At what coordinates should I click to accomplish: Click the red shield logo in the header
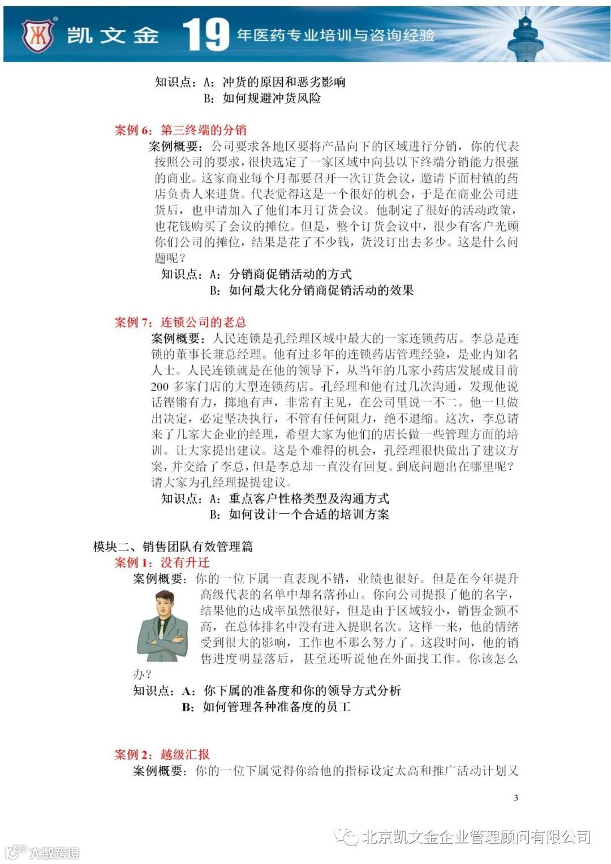[x=38, y=35]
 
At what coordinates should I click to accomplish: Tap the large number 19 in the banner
[x=206, y=35]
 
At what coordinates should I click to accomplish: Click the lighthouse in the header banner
[x=526, y=35]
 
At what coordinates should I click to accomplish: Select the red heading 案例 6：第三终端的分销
[x=180, y=130]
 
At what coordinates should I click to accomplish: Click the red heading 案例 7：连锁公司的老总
[x=180, y=322]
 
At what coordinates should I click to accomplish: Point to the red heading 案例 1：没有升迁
[x=162, y=562]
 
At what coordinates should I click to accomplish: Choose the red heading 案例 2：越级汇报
[x=162, y=754]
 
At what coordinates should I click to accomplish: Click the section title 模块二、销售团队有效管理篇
[x=173, y=547]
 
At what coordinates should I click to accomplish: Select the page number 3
[x=516, y=798]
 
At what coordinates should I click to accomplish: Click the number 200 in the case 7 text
[x=160, y=387]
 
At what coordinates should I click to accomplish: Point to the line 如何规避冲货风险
[x=272, y=98]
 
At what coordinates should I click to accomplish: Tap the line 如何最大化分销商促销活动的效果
[x=321, y=290]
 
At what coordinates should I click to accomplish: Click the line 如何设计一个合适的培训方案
[x=309, y=514]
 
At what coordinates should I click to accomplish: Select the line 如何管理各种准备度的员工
[x=277, y=707]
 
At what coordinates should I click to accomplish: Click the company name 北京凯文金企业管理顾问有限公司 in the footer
[x=476, y=836]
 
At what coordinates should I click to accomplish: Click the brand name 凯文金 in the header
[x=113, y=35]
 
